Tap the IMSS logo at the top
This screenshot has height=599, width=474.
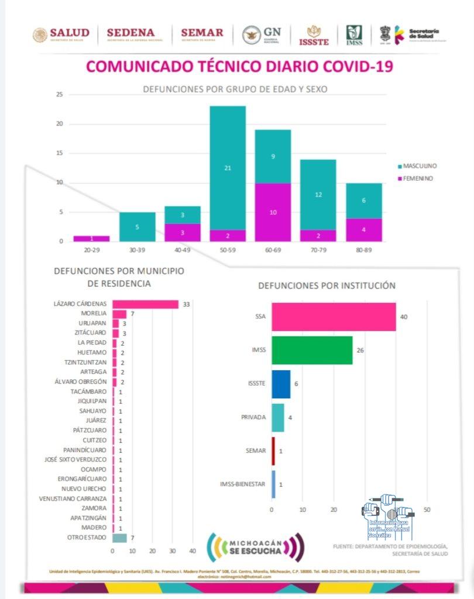pos(354,35)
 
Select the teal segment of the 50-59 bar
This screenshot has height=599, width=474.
pos(228,168)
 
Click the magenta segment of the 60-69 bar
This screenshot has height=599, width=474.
pos(273,212)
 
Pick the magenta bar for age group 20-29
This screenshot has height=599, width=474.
pos(91,238)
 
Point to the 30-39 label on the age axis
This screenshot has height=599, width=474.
pos(138,249)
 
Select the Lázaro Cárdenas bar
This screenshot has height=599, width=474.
pos(145,304)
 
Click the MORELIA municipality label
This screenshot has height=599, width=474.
pos(94,314)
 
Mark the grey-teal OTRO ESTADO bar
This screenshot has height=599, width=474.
pos(119,538)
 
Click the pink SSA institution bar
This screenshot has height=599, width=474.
pos(334,316)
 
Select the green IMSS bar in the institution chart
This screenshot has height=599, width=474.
pos(312,350)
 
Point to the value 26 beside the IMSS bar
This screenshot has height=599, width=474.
pos(360,350)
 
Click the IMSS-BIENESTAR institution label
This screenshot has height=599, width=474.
pos(243,484)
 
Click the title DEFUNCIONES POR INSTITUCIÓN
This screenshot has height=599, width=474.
pos(327,285)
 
